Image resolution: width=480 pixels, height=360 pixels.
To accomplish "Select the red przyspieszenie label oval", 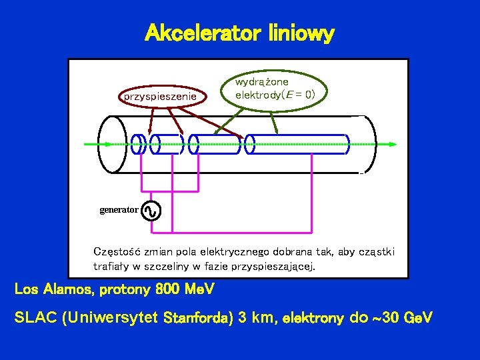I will pyautogui.click(x=159, y=96).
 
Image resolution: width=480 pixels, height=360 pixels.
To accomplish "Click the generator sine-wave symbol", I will pyautogui.click(x=151, y=211).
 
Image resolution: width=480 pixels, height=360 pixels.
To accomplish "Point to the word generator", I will pyautogui.click(x=119, y=210).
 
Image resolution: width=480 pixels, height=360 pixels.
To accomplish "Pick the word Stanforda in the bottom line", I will pyautogui.click(x=198, y=319).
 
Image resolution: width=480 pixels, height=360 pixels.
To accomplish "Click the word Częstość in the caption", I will pyautogui.click(x=114, y=252).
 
